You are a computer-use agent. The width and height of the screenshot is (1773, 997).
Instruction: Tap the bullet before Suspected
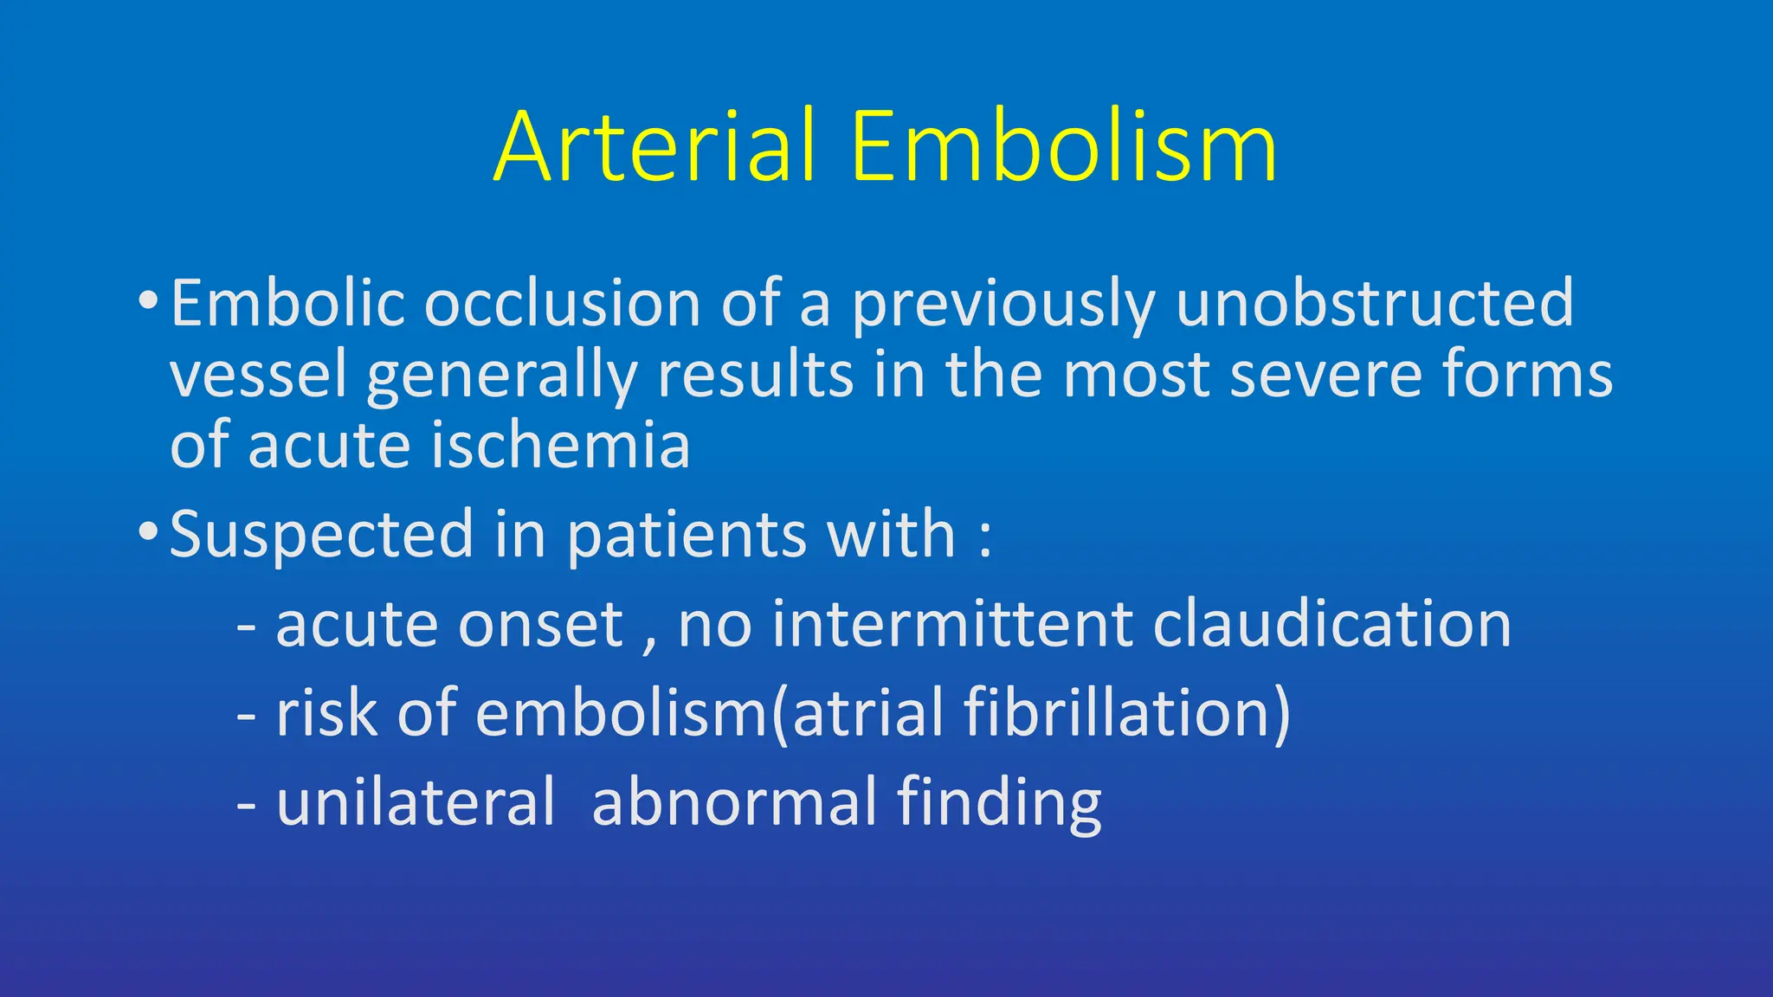[148, 531]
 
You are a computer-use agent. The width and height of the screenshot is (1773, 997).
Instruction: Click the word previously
[1003, 305]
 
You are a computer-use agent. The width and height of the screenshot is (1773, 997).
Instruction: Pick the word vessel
[258, 376]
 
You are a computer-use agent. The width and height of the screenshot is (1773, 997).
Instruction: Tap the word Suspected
[321, 535]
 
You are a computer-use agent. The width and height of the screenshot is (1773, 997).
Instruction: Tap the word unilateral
[415, 802]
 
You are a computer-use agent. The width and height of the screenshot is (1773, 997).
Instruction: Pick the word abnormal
[734, 802]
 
